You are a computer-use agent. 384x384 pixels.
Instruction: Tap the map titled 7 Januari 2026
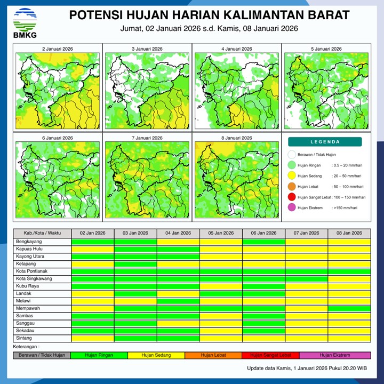pos(147,179)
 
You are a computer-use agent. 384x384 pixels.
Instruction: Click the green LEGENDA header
pos(325,142)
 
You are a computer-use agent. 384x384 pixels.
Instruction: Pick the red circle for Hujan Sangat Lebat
pos(291,197)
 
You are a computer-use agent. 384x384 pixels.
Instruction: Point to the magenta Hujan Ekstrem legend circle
pos(291,208)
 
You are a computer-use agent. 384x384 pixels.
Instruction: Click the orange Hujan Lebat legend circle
pos(291,187)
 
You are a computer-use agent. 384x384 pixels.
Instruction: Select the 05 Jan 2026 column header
pos(221,233)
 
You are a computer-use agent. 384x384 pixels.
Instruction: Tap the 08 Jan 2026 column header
pos(349,233)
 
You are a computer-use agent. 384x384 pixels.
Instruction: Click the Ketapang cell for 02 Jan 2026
pos(93,264)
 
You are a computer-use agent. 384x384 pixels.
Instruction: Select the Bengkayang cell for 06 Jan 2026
pos(263,242)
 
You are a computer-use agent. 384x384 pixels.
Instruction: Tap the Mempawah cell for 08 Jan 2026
pos(349,308)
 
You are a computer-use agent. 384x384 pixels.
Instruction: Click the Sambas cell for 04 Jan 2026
pos(178,316)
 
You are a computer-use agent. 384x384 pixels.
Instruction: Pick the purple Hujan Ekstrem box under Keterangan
pos(335,355)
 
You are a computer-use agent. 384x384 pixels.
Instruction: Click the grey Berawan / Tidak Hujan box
pos(42,355)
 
